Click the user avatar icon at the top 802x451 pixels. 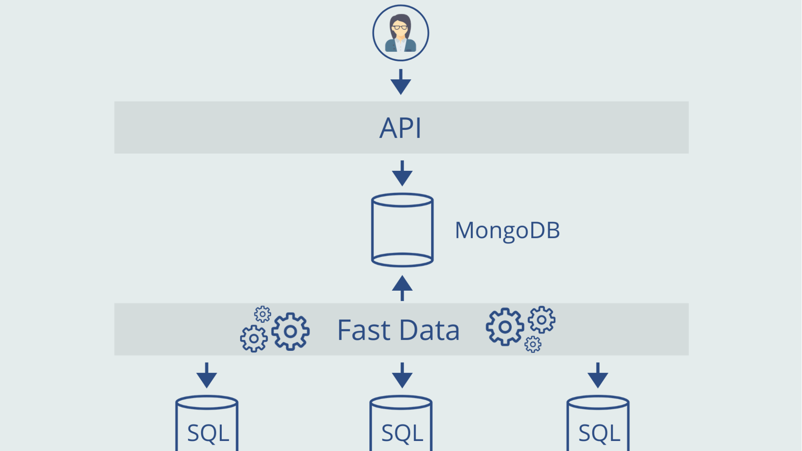401,33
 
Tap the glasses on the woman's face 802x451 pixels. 400,28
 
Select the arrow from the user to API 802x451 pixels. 401,82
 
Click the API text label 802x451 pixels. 400,128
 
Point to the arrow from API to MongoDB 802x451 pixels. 402,173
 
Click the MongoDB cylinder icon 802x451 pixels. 402,230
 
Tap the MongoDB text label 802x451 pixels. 507,230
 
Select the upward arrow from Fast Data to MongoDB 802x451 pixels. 402,288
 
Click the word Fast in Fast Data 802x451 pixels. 363,330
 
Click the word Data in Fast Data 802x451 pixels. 429,330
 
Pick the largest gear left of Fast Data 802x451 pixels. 290,331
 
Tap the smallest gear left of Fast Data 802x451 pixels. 262,314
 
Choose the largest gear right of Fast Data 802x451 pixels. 505,327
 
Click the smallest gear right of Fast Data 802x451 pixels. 533,345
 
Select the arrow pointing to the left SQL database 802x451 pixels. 207,375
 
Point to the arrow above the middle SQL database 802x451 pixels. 402,375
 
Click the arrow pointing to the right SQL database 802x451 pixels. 598,375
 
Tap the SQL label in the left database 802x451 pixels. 208,433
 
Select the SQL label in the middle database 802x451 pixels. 402,433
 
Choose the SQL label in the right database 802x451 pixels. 599,433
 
